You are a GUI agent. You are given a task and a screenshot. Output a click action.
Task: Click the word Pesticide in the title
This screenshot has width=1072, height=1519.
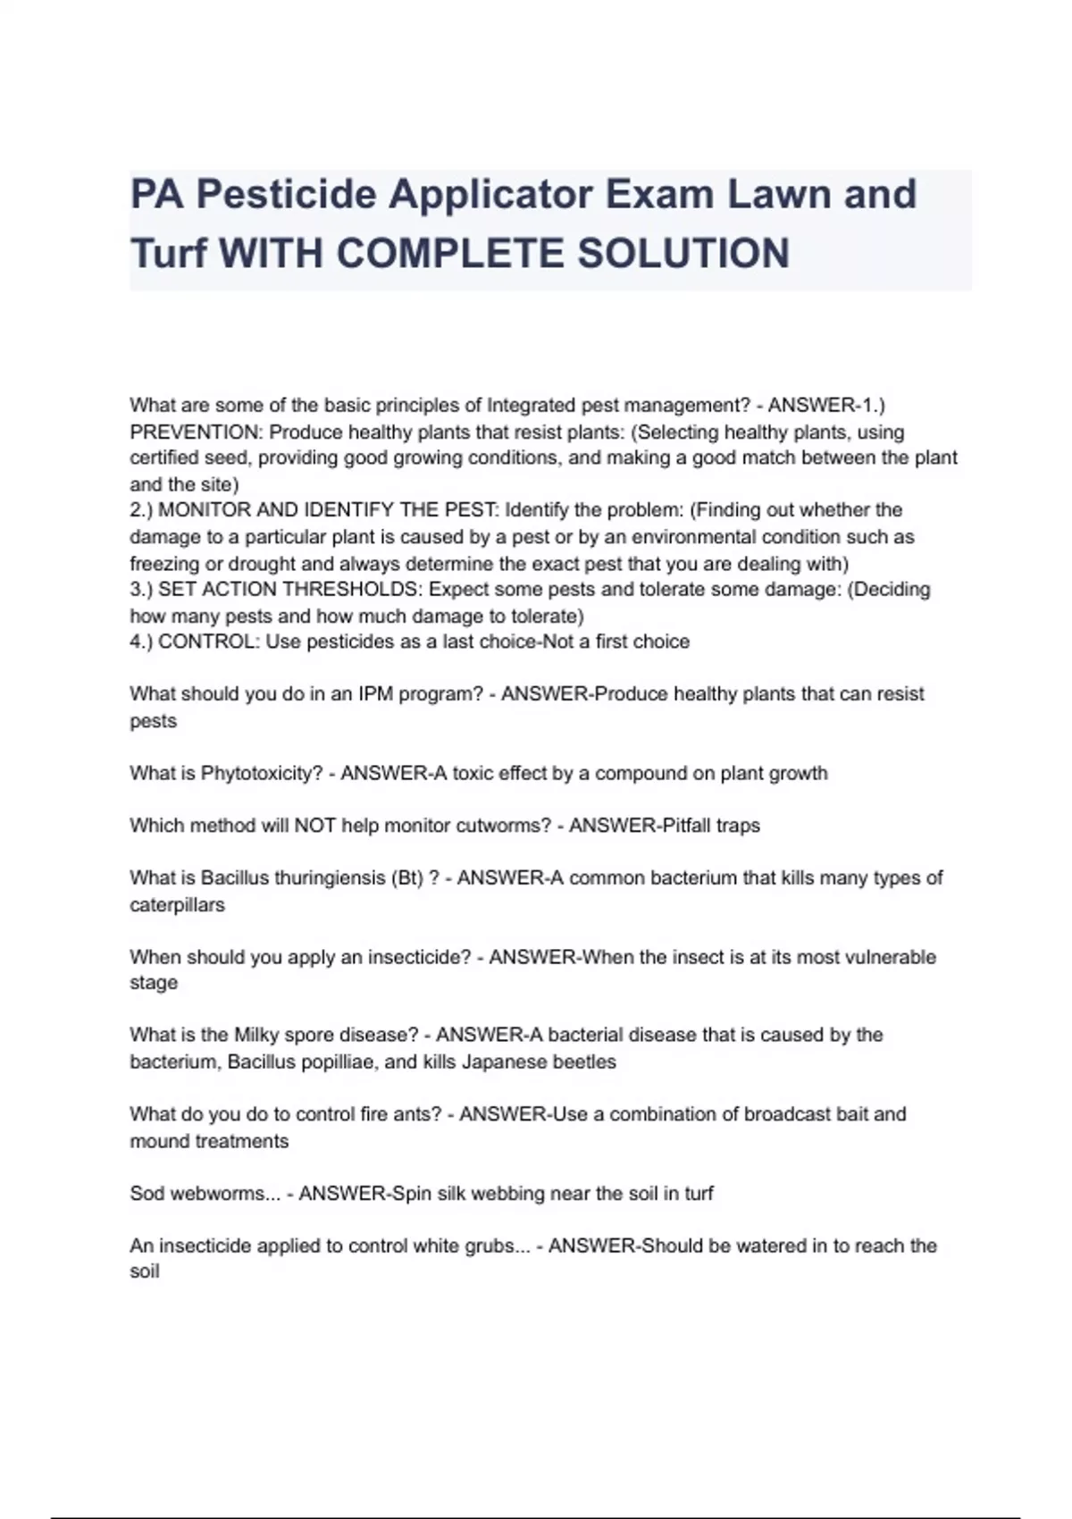(286, 195)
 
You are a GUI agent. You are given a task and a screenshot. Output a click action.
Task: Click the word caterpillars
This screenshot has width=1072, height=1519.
(177, 904)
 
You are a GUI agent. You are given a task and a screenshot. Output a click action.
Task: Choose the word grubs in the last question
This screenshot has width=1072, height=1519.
(490, 1246)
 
